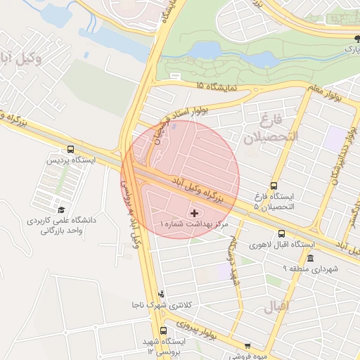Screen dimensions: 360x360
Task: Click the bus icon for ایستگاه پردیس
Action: point(70,149)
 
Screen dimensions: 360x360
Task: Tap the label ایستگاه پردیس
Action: point(70,160)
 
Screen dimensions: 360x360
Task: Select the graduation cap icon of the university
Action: point(61,210)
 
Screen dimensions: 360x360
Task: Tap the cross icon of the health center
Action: point(194,212)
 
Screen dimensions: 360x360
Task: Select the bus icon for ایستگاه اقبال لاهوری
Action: point(282,234)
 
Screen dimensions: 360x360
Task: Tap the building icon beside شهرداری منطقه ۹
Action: point(310,258)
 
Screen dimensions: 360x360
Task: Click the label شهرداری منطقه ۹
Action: point(310,269)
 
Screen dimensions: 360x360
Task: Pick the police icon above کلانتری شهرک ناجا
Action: point(162,294)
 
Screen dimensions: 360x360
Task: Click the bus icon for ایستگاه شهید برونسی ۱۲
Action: point(164,330)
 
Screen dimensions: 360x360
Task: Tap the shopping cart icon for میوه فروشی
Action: point(247,345)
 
